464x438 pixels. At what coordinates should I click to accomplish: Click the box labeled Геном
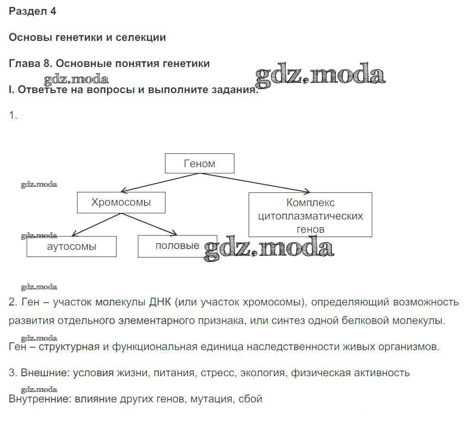pos(199,163)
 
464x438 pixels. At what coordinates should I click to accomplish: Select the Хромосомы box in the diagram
pos(121,202)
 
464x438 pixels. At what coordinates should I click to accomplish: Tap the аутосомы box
pos(71,247)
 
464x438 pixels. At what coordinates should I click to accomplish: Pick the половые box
pos(177,246)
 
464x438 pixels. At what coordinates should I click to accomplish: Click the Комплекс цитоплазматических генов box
pos(310,215)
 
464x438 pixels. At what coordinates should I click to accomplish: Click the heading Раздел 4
pos(32,11)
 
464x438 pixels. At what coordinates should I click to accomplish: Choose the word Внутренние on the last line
pos(39,399)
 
